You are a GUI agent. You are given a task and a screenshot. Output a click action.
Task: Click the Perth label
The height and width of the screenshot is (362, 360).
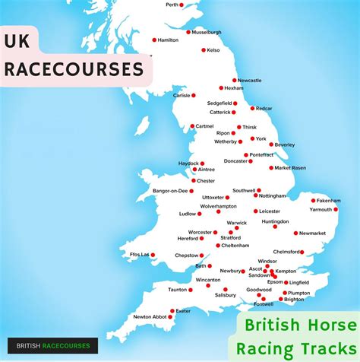pos(173,5)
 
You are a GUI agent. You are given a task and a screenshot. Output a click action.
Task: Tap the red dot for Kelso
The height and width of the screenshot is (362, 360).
pos(204,50)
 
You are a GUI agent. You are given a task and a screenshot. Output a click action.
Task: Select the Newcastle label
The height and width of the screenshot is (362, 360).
pos(249,80)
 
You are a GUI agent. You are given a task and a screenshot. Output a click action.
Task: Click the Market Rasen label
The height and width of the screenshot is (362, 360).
pos(292,167)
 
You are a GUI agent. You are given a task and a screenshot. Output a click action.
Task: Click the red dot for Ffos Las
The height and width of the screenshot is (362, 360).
pos(153,255)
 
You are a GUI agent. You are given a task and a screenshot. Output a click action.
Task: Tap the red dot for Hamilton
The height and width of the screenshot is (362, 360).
pos(154,40)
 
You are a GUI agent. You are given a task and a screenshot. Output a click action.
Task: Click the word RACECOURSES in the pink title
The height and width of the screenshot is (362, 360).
pos(74,69)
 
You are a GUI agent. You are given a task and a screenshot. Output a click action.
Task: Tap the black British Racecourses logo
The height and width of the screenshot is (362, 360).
pos(52,346)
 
